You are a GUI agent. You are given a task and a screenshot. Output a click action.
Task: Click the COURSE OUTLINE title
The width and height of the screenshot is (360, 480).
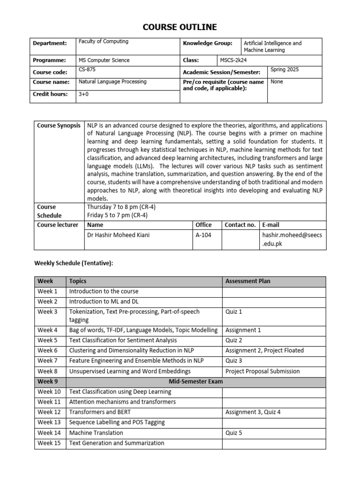pyautogui.click(x=180, y=27)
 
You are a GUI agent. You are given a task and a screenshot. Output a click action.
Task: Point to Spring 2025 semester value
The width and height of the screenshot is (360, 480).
pyautogui.click(x=285, y=70)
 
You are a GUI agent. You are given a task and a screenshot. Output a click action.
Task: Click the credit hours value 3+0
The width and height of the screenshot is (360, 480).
pyautogui.click(x=84, y=94)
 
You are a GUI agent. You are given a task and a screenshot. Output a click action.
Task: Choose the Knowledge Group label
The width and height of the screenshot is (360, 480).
pyautogui.click(x=207, y=44)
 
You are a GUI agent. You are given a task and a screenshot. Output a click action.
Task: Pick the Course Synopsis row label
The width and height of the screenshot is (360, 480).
pyautogui.click(x=59, y=126)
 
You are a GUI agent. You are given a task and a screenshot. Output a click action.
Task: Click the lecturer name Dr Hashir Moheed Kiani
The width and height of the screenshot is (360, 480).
pyautogui.click(x=119, y=235)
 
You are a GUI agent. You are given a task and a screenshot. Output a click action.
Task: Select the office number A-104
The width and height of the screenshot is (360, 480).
pyautogui.click(x=203, y=235)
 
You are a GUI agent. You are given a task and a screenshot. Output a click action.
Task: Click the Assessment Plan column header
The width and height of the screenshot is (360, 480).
pyautogui.click(x=247, y=281)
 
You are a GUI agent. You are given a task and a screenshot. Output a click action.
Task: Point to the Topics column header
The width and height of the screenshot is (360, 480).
pyautogui.click(x=78, y=281)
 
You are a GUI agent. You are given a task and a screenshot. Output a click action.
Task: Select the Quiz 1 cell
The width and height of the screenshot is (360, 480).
pyautogui.click(x=234, y=312)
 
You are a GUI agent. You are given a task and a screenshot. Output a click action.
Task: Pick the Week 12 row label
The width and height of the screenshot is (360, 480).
pyautogui.click(x=49, y=412)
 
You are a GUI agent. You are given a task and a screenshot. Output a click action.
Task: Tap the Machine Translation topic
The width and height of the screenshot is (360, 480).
pyautogui.click(x=96, y=433)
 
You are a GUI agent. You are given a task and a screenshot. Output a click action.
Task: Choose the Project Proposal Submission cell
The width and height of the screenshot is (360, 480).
pyautogui.click(x=262, y=371)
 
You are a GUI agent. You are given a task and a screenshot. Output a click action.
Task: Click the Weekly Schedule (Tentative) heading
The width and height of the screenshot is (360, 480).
pyautogui.click(x=74, y=263)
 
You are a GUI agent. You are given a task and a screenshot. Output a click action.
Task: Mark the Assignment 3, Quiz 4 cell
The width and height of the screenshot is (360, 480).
pyautogui.click(x=254, y=412)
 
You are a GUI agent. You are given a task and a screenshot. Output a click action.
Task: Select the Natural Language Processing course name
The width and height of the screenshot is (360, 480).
pyautogui.click(x=112, y=82)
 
